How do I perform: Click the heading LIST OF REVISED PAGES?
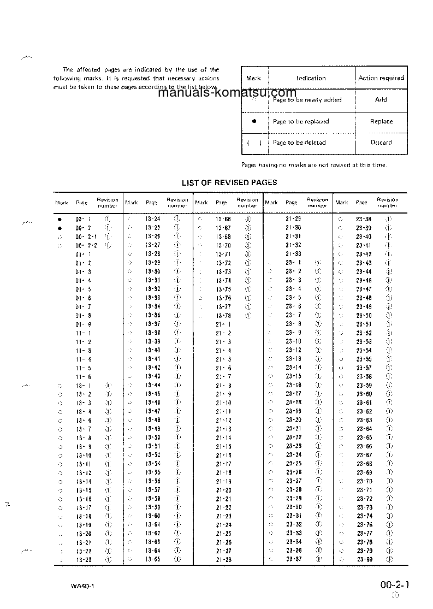pyautogui.click(x=229, y=182)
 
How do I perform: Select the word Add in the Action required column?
pyautogui.click(x=381, y=99)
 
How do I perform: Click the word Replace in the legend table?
pyautogui.click(x=381, y=121)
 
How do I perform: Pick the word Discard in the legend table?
pyautogui.click(x=381, y=143)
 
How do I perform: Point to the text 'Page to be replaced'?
pyautogui.click(x=301, y=121)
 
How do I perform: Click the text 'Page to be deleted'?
pyautogui.click(x=299, y=143)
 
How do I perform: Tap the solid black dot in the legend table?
pyautogui.click(x=254, y=121)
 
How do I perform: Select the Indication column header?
pyautogui.click(x=311, y=78)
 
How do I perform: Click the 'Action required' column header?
pyautogui.click(x=381, y=78)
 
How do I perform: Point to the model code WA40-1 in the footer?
pyautogui.click(x=82, y=587)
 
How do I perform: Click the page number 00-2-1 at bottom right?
pyautogui.click(x=395, y=585)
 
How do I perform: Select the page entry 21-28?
pyautogui.click(x=223, y=560)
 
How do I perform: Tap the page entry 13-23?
pyautogui.click(x=84, y=560)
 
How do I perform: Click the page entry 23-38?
pyautogui.click(x=364, y=218)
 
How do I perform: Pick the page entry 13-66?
pyautogui.click(x=223, y=218)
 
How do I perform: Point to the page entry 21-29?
pyautogui.click(x=293, y=218)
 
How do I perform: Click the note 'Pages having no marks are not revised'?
pyautogui.click(x=314, y=164)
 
